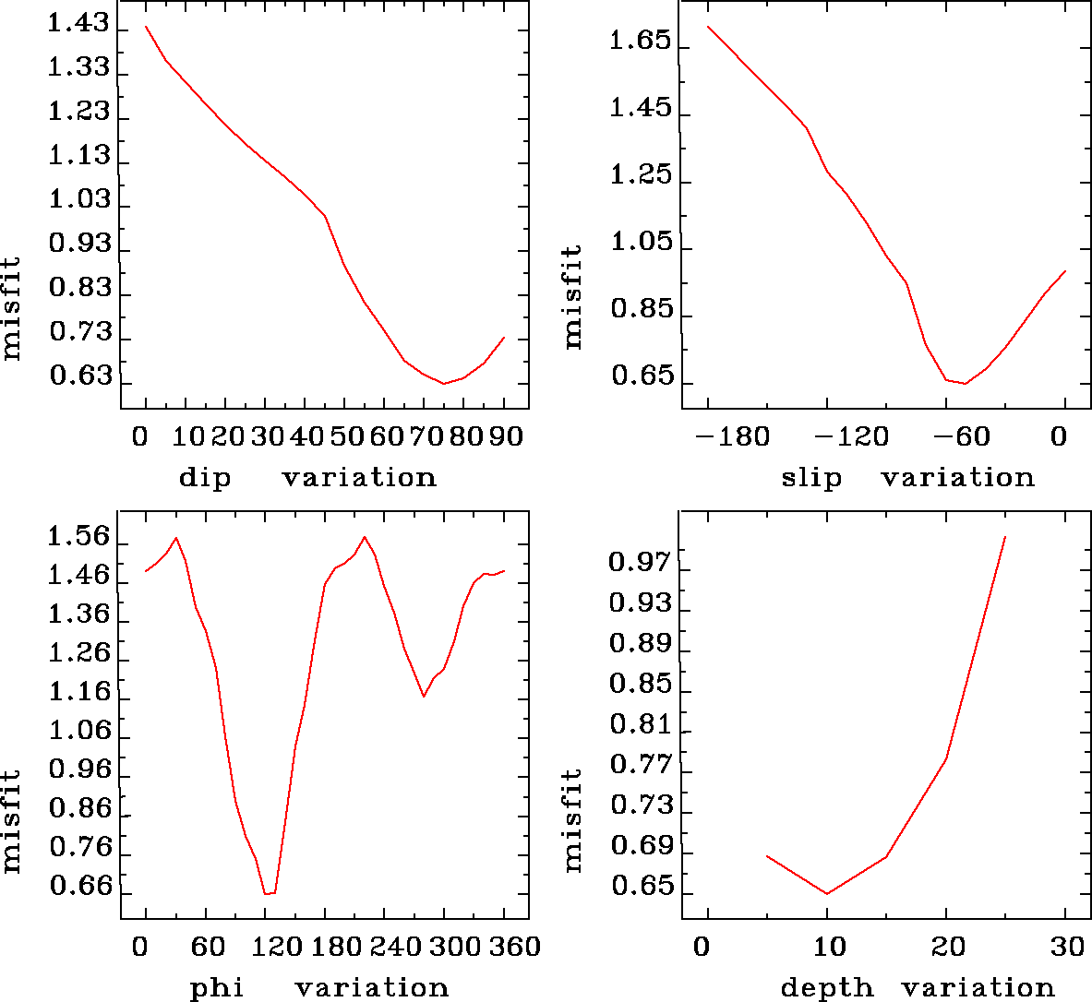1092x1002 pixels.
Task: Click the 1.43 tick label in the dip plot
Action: pos(78,25)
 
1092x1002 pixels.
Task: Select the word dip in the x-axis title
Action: pos(204,478)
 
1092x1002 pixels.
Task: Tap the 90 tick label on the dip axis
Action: pos(505,435)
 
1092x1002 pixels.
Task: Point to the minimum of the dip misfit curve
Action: pos(444,383)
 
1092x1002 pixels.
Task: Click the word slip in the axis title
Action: pos(811,478)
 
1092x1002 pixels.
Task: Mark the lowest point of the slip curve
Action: pos(965,383)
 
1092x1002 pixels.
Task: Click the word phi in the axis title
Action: pos(216,988)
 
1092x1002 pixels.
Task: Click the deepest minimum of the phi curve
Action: pos(269,893)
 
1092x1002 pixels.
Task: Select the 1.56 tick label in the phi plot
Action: pos(78,537)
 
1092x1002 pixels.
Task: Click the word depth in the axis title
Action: pos(826,988)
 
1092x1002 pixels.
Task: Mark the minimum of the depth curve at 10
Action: pos(827,893)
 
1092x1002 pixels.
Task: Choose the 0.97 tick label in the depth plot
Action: pos(640,562)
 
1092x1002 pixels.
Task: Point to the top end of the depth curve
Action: pos(1005,536)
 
